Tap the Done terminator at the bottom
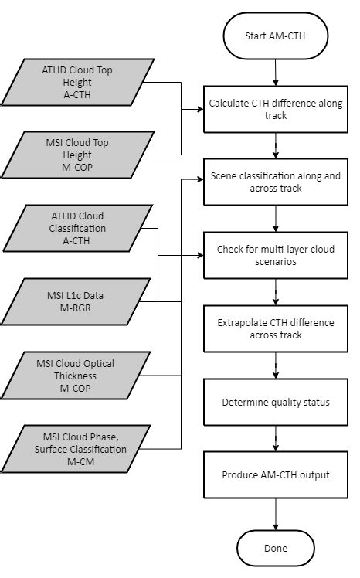275,548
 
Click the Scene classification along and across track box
275,182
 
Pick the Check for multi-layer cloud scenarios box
275,256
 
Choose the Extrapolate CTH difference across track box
275,328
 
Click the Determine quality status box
275,402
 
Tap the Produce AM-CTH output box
275,474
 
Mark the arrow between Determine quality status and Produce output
275,438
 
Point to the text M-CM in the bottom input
75,461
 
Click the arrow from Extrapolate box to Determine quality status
275,365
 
